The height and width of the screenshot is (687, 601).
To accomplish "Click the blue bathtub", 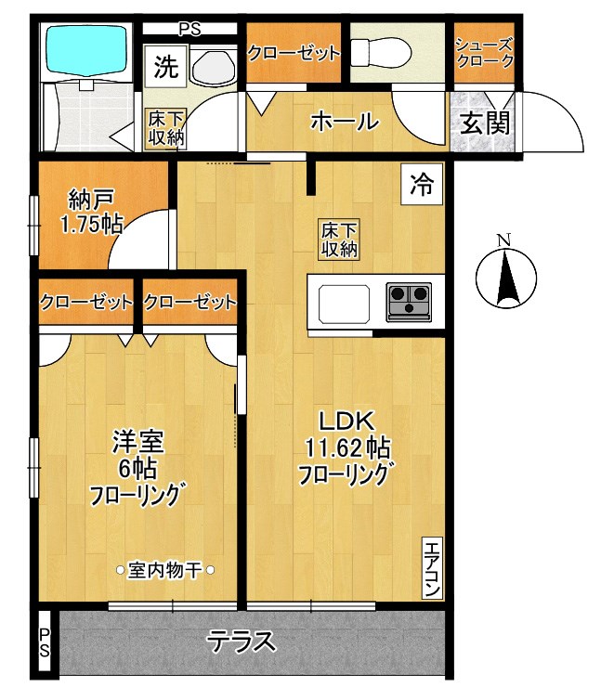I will [x=89, y=49].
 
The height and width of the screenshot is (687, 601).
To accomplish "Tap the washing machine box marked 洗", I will [x=164, y=67].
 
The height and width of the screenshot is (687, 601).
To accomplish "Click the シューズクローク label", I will [x=483, y=52].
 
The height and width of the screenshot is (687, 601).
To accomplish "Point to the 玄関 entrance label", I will [x=483, y=122].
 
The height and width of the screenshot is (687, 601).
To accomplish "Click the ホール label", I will [x=344, y=121].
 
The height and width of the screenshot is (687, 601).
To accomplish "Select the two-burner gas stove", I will [x=410, y=301].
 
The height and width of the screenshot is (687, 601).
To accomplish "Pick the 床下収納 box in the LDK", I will [x=340, y=240].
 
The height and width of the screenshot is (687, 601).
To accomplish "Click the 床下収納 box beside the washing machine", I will [x=164, y=128].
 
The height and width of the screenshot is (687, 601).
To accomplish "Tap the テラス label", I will [x=242, y=642].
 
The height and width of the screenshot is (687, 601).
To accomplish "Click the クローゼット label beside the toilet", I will [x=294, y=53].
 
